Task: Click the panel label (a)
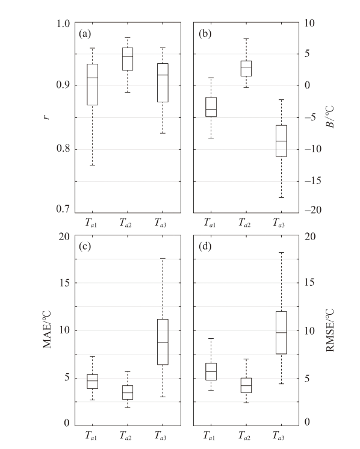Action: (85, 34)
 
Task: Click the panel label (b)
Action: (205, 34)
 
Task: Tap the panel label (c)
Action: (85, 246)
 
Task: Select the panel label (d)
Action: (205, 246)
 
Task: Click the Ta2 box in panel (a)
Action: (128, 59)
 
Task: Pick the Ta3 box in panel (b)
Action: (281, 141)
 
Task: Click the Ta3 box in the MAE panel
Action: (163, 342)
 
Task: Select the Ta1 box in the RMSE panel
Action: (211, 372)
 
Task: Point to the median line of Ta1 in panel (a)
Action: (93, 78)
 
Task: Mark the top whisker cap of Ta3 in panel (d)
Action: (281, 253)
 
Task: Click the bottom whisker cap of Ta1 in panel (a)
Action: (93, 166)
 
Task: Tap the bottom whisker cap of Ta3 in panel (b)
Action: (281, 197)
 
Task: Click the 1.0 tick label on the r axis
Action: (63, 23)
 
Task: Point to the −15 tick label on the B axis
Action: (313, 181)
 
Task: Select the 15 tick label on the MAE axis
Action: (64, 283)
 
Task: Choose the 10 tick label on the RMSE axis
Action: (309, 331)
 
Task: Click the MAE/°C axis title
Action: (47, 329)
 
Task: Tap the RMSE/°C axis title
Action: (330, 330)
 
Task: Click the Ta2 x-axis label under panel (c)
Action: (125, 436)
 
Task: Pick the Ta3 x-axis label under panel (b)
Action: (279, 223)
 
